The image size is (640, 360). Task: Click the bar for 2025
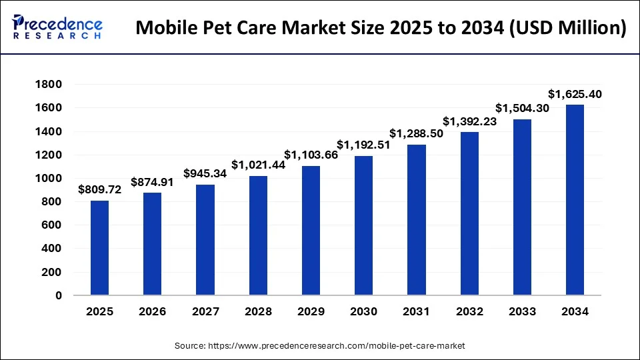[x=99, y=247]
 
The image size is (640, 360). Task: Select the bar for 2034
[x=575, y=199]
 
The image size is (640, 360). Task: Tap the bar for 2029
[x=311, y=230]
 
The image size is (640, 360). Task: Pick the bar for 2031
[x=416, y=219]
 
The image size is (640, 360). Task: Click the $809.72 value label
[x=99, y=190]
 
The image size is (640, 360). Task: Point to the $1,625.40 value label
[x=575, y=94]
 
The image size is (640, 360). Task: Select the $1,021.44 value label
[x=258, y=165]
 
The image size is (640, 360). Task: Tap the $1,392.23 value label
[x=469, y=121]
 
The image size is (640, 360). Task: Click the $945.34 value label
[x=205, y=174]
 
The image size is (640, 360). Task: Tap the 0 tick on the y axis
[x=58, y=295]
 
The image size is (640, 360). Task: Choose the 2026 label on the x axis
[x=153, y=312]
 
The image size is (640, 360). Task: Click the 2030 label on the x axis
[x=363, y=312]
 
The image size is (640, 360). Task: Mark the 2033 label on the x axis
[x=522, y=312]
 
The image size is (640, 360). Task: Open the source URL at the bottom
[x=319, y=345]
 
